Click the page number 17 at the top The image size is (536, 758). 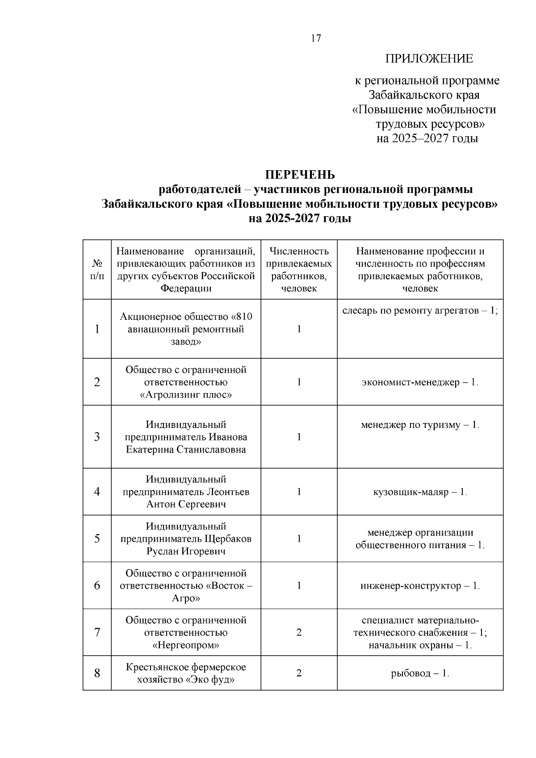coord(315,38)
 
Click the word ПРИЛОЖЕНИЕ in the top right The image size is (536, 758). coord(429,59)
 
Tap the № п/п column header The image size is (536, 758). coord(97,270)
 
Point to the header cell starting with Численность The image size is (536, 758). coord(299,269)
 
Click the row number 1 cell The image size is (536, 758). coord(97,329)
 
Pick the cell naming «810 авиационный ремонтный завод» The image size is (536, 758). coord(186,329)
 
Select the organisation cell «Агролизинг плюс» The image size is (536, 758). coord(186,382)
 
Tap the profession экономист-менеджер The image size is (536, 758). coord(420,382)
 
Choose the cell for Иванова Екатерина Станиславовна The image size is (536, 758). coord(186,437)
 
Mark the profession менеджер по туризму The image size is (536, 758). coord(420,425)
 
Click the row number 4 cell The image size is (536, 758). coord(97,492)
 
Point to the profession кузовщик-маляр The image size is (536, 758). coord(420,492)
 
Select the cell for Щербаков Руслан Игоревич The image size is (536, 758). coord(186,539)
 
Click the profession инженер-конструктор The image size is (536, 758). coord(420,586)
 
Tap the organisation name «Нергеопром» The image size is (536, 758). coord(186,645)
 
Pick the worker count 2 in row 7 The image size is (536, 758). coord(299,632)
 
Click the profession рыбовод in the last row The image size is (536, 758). coord(420,673)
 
